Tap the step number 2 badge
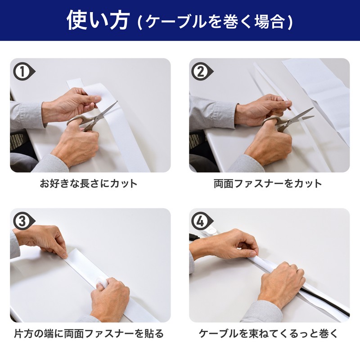pyautogui.click(x=202, y=71)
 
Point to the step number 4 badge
pyautogui.click(x=202, y=221)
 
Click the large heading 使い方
pyautogui.click(x=98, y=20)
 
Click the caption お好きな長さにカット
pyautogui.click(x=88, y=184)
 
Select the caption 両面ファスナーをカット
pyautogui.click(x=268, y=184)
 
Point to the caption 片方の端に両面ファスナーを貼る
pyautogui.click(x=89, y=333)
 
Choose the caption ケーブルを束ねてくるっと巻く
pyautogui.click(x=268, y=333)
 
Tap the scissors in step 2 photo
pyautogui.click(x=287, y=121)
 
